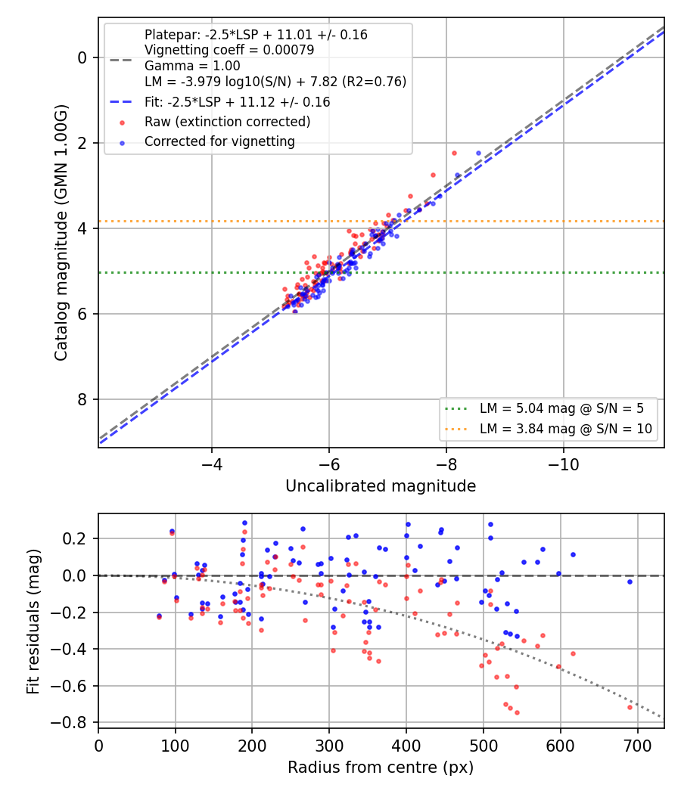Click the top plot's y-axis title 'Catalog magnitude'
click(61, 234)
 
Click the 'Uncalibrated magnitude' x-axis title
click(381, 486)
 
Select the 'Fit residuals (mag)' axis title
click(33, 622)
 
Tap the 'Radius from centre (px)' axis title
click(381, 768)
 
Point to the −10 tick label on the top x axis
click(563, 464)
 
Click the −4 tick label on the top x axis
click(211, 464)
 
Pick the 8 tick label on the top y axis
click(82, 399)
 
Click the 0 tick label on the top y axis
click(82, 57)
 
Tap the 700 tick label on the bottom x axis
click(637, 746)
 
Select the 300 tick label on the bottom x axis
click(329, 746)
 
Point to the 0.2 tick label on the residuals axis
click(75, 538)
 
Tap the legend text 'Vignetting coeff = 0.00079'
click(229, 50)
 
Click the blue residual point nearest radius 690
click(630, 582)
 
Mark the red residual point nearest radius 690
click(630, 707)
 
